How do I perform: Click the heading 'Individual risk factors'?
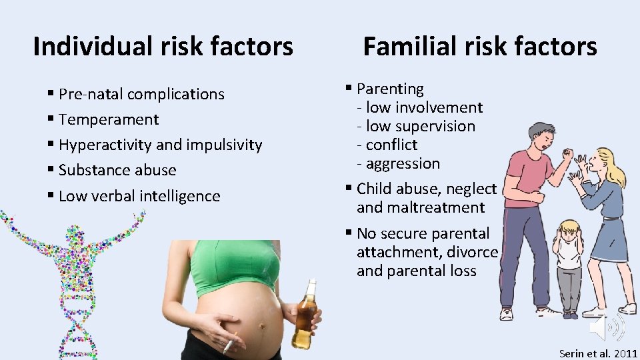point(163,46)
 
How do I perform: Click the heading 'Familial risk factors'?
point(479,46)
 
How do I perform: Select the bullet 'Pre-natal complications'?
point(141,94)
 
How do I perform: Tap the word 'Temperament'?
point(109,119)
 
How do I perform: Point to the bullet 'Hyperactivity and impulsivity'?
point(160,145)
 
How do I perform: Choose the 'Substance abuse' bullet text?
point(117,170)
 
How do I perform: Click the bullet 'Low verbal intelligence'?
point(139,196)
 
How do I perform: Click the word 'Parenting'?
point(390,89)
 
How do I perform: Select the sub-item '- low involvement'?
point(419,107)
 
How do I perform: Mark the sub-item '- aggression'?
point(398,163)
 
